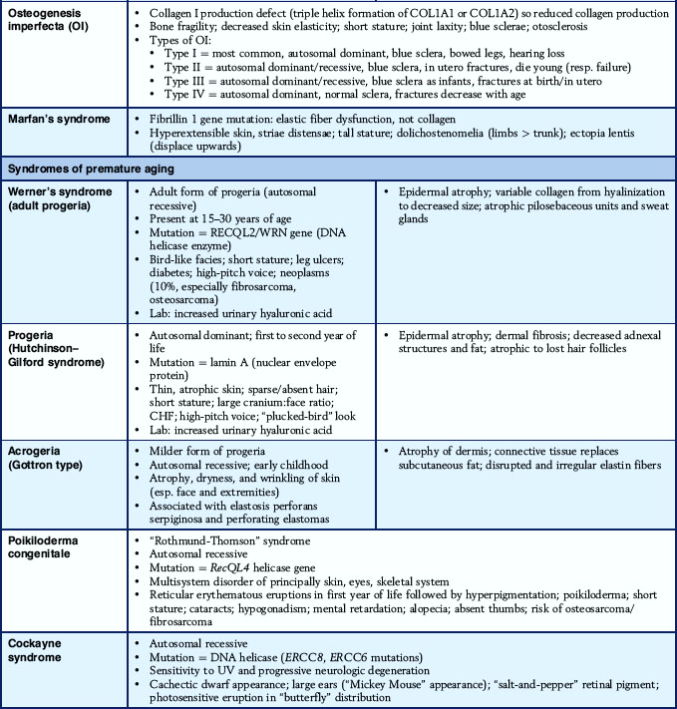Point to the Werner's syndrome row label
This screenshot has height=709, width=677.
click(x=60, y=195)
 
